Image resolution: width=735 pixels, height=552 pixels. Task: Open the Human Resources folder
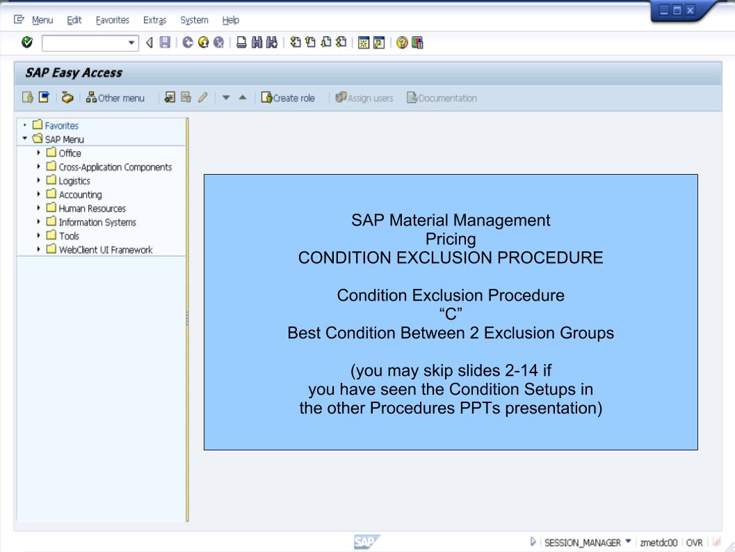[86, 208]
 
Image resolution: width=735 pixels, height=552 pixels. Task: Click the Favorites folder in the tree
[63, 126]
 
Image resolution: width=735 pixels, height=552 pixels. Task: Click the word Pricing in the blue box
[451, 238]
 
